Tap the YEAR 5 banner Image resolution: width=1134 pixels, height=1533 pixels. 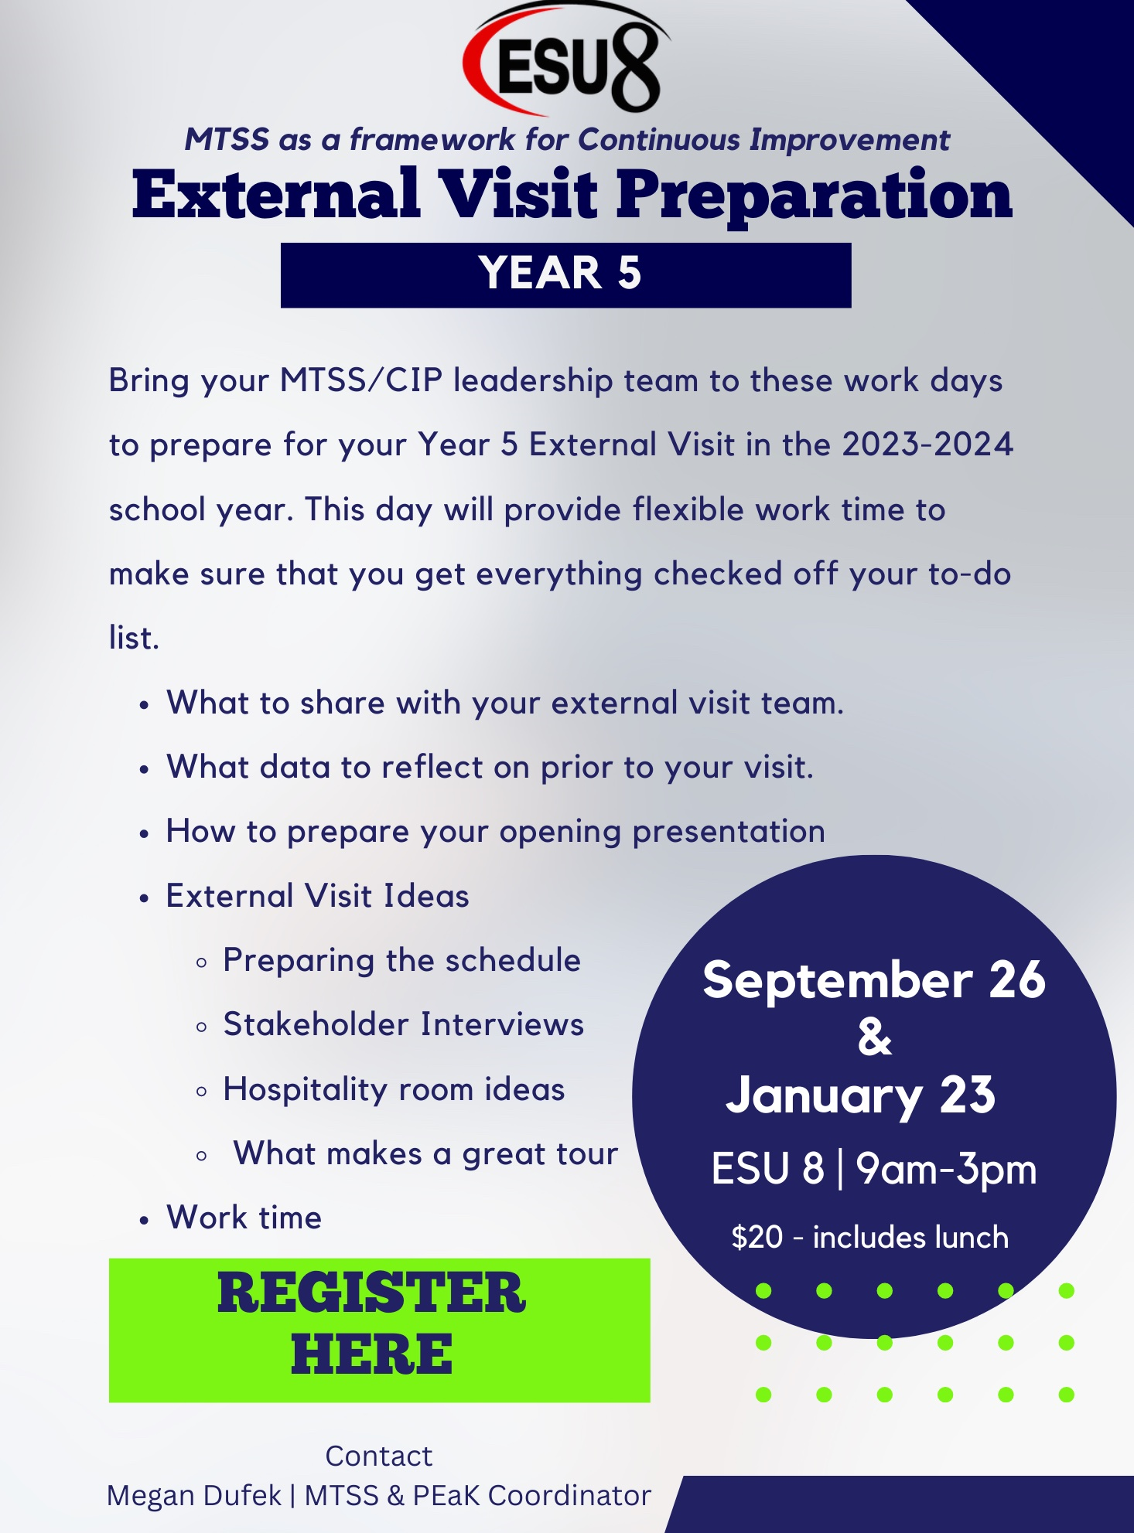point(565,275)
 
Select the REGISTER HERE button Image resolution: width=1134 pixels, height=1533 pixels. point(379,1330)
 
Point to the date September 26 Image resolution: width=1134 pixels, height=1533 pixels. point(874,979)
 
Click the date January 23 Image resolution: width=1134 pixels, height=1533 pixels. point(860,1095)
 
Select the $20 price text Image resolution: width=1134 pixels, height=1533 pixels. point(757,1237)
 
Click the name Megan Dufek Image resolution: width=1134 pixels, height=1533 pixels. point(194,1495)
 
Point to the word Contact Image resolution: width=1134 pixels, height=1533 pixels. point(378,1456)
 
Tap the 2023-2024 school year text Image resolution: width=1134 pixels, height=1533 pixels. point(927,445)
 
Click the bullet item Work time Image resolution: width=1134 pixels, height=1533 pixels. point(244,1218)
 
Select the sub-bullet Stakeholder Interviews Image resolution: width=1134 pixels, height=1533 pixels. point(403,1024)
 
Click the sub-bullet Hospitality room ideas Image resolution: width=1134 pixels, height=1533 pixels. point(394,1089)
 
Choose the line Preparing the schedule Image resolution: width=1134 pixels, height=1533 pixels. point(401,961)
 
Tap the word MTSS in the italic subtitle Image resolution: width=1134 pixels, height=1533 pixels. point(227,139)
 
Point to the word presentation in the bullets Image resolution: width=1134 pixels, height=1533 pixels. point(729,832)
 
